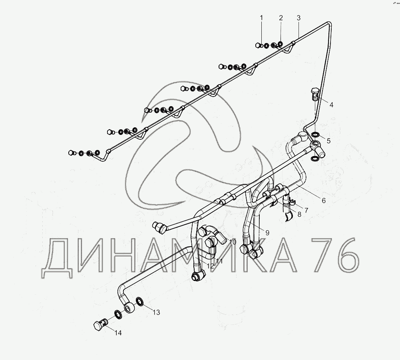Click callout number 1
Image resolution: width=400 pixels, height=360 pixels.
[x=262, y=18]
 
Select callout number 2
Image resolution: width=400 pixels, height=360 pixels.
[x=281, y=18]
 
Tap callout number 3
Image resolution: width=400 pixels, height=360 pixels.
[x=299, y=18]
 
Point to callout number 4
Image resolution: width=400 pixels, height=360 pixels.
[x=331, y=105]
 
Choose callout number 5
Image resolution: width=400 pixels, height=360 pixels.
[x=328, y=140]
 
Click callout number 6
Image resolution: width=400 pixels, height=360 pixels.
[x=324, y=200]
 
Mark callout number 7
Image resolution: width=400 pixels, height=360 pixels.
[x=306, y=210]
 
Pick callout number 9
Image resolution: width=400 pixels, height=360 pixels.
[x=267, y=232]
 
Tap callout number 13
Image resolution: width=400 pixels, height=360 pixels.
[x=156, y=312]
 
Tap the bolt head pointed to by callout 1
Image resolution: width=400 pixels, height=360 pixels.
[x=258, y=45]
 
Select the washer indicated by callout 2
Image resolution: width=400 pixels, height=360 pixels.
[x=280, y=44]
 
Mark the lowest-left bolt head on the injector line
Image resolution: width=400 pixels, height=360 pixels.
[x=72, y=152]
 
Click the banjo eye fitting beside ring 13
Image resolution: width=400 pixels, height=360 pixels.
[x=129, y=307]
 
